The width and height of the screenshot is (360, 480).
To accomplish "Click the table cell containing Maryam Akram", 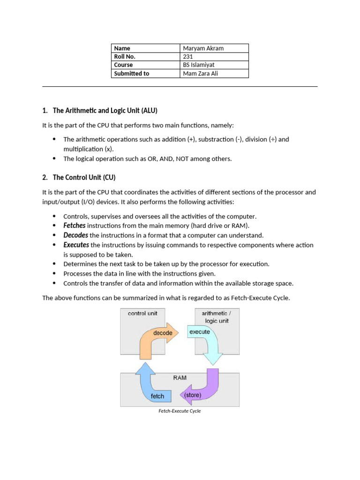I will pyautogui.click(x=214, y=48).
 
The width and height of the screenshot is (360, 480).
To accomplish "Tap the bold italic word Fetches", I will pyautogui.click(x=75, y=225).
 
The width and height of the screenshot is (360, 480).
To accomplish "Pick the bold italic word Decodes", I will pyautogui.click(x=75, y=235).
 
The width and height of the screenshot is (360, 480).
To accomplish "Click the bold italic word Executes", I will pyautogui.click(x=76, y=245).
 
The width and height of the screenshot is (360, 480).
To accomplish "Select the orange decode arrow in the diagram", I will pyautogui.click(x=157, y=336).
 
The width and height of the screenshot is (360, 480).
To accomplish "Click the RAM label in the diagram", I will pyautogui.click(x=180, y=377).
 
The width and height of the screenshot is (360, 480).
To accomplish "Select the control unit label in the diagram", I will pyautogui.click(x=142, y=313).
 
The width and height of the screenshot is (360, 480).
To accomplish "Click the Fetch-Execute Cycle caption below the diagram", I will pyautogui.click(x=180, y=411).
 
